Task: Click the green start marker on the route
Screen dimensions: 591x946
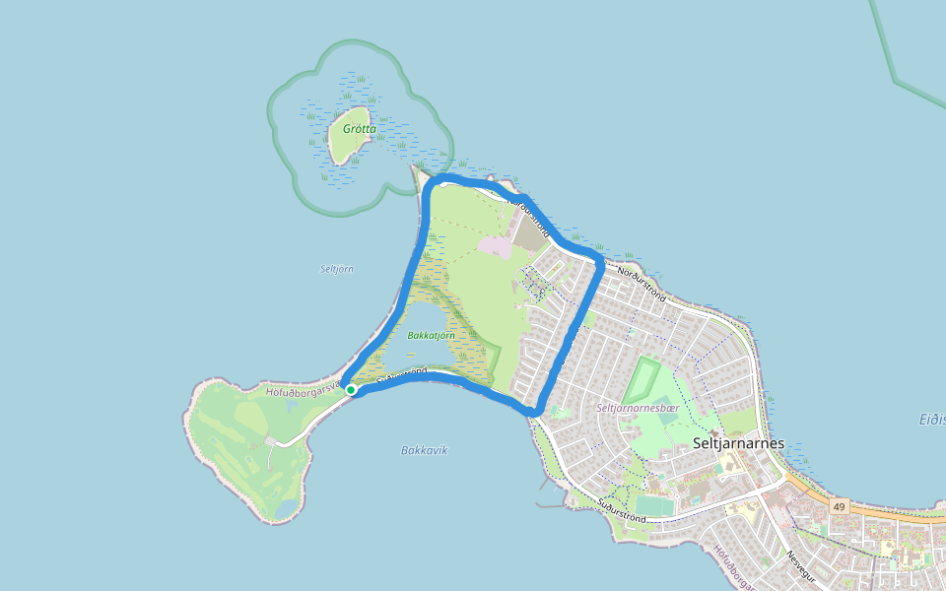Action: point(351,390)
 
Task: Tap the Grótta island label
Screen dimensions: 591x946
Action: point(360,129)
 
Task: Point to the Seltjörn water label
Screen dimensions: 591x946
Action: point(337,269)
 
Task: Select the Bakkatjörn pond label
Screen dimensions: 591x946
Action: point(432,336)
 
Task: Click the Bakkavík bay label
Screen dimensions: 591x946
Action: point(424,450)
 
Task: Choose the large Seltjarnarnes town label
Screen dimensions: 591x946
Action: point(739,443)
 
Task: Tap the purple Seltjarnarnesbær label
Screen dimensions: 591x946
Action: point(638,407)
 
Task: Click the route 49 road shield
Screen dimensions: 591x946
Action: point(839,506)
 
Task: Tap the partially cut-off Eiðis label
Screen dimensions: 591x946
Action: point(931,420)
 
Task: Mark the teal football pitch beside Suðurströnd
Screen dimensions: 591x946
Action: point(652,505)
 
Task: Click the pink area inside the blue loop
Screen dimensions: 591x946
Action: point(496,246)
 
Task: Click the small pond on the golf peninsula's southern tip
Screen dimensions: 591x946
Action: point(285,509)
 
